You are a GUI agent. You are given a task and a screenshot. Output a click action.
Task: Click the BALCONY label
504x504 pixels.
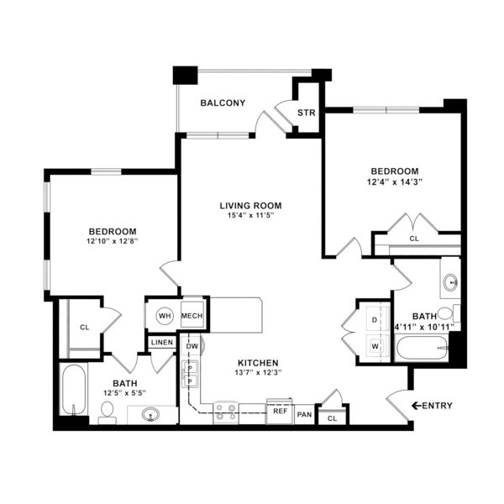(x=223, y=102)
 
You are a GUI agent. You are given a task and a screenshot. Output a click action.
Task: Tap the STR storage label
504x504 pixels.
(x=306, y=113)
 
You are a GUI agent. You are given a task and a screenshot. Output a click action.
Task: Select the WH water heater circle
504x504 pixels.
(x=165, y=316)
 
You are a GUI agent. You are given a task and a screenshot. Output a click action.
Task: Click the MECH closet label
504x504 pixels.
(x=192, y=316)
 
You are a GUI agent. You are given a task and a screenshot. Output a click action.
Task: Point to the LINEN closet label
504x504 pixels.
(x=162, y=343)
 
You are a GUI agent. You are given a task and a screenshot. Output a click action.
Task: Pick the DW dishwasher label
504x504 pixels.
(x=192, y=346)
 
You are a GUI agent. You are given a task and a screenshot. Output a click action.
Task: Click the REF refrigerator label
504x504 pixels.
(x=281, y=411)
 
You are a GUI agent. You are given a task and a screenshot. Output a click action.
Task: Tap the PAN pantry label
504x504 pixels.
(x=304, y=415)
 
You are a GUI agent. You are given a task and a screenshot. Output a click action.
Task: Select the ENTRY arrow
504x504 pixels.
(x=417, y=406)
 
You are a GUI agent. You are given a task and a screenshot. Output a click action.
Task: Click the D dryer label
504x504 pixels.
(x=374, y=320)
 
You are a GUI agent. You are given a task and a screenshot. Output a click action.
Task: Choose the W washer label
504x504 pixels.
(x=375, y=346)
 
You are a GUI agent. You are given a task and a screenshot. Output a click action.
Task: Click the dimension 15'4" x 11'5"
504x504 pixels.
(x=250, y=215)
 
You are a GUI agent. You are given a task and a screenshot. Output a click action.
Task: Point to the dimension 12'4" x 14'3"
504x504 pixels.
(x=395, y=182)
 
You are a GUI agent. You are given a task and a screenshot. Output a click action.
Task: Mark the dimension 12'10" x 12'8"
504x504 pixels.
(x=113, y=241)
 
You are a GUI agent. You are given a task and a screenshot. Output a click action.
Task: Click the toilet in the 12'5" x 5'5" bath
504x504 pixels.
(x=107, y=413)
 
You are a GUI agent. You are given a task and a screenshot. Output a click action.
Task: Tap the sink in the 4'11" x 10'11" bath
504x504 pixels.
(x=450, y=282)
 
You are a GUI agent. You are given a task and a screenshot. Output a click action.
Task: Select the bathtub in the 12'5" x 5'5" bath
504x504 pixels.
(x=74, y=389)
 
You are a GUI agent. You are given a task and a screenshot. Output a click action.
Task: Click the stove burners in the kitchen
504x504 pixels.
(x=226, y=412)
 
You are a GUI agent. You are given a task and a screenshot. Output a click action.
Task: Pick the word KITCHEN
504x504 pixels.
(x=258, y=363)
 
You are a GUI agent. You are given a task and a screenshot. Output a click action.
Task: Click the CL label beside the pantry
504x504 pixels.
(x=332, y=418)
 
